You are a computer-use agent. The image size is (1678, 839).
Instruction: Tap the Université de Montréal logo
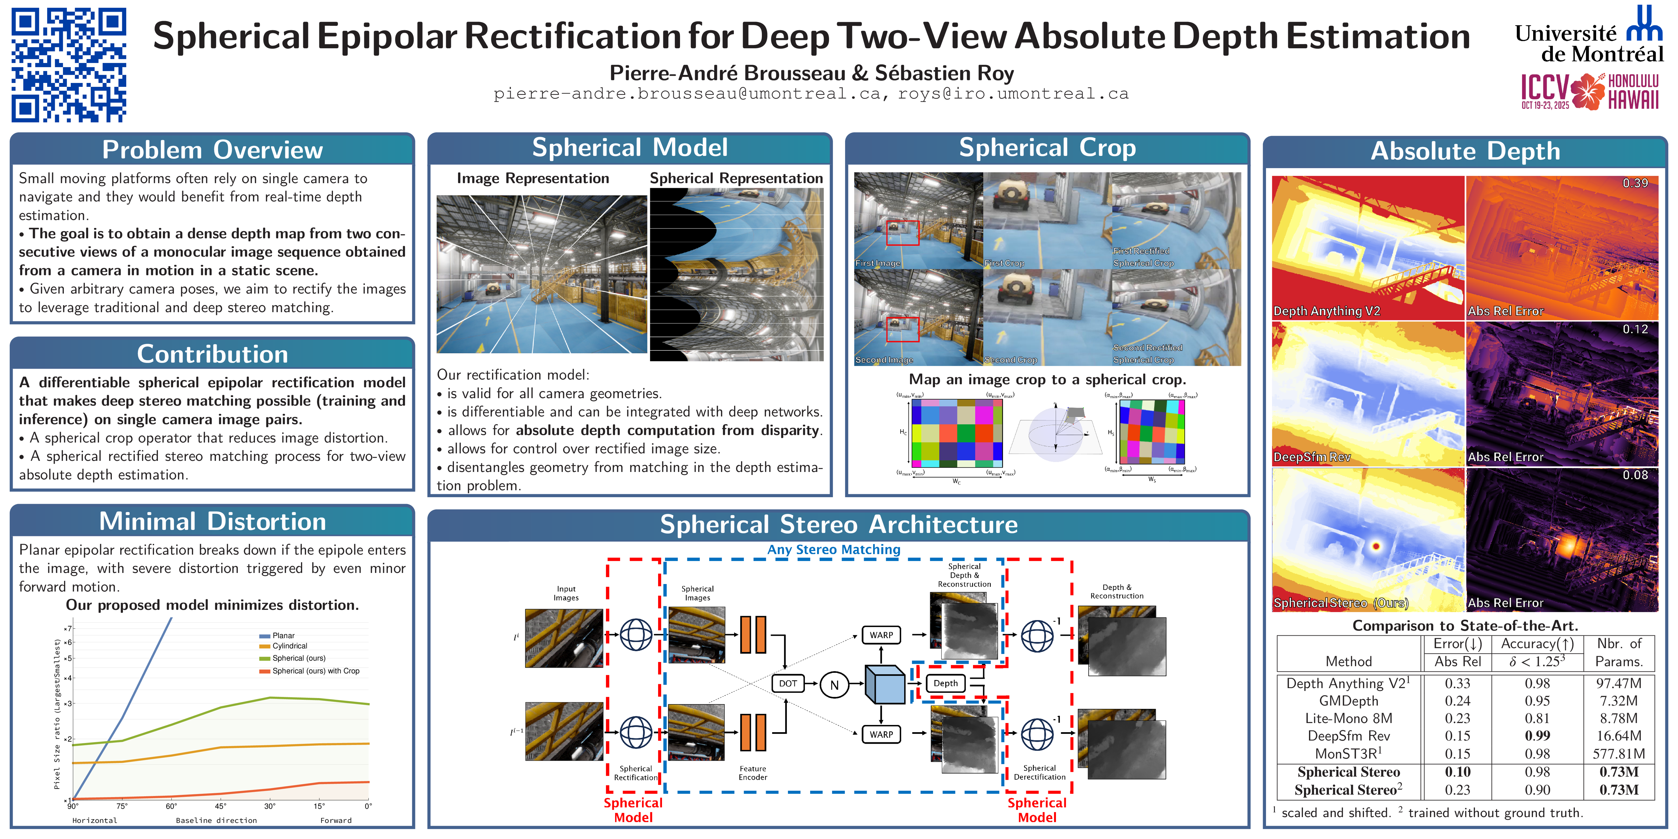(1590, 36)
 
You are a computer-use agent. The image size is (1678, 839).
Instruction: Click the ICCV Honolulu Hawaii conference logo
(1590, 91)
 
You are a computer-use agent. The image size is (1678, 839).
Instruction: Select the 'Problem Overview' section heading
(212, 150)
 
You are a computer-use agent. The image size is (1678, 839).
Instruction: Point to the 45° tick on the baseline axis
(221, 807)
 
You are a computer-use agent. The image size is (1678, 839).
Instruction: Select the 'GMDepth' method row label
(1348, 701)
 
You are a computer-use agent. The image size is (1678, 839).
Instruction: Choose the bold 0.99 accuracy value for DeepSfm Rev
(1537, 736)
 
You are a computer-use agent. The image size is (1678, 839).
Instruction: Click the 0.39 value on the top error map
(1635, 183)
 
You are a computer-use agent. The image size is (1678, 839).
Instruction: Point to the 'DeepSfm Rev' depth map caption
(1312, 457)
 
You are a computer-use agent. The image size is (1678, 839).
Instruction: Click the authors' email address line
(811, 94)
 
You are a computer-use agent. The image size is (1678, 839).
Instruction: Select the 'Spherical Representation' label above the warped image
(736, 179)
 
